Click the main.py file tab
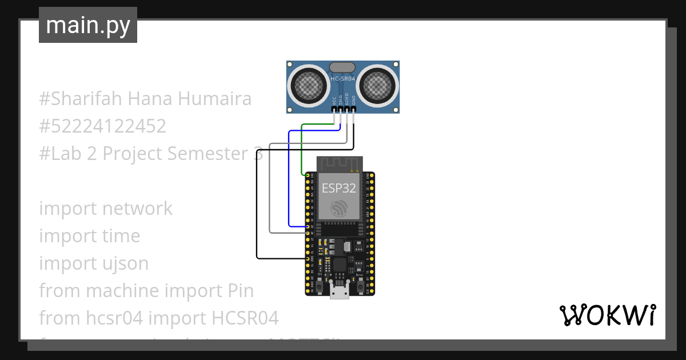click(x=88, y=25)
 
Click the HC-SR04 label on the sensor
click(x=342, y=78)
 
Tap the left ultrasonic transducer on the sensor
click(x=309, y=86)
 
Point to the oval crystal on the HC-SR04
click(x=342, y=67)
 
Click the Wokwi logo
click(x=607, y=315)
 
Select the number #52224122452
click(x=103, y=126)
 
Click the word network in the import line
click(x=137, y=209)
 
